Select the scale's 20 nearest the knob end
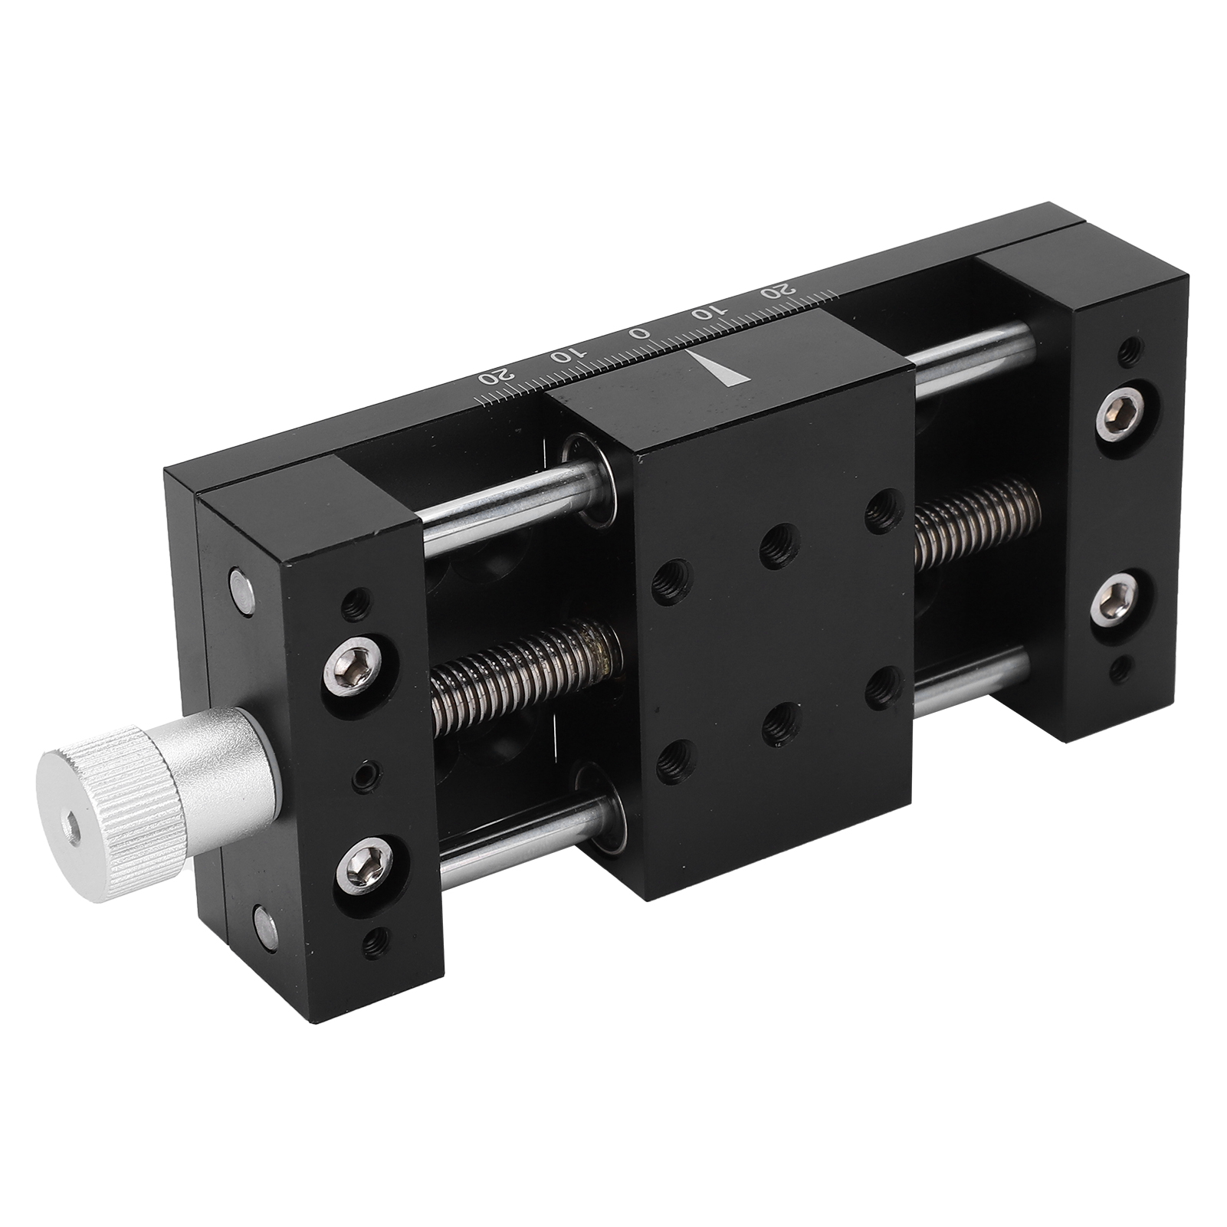coord(492,376)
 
